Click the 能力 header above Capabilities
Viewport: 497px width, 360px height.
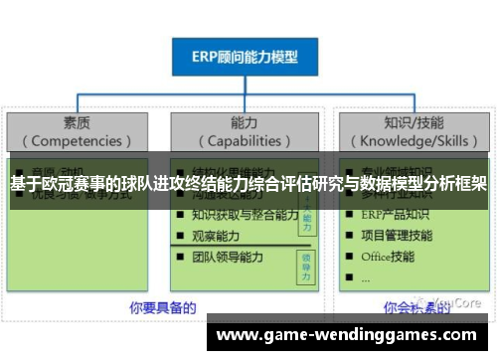click(245, 123)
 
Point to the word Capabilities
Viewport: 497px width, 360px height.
click(245, 141)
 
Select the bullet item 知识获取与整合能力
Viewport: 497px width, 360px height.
click(245, 215)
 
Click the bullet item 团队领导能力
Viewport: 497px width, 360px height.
click(228, 258)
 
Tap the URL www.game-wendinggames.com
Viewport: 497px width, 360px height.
click(347, 335)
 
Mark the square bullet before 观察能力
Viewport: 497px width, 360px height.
click(179, 237)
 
